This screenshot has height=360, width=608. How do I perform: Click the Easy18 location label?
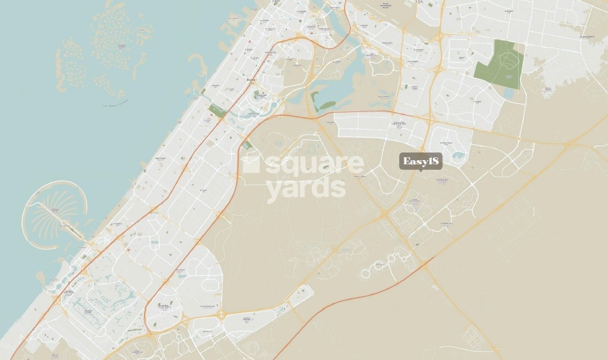[x=421, y=162]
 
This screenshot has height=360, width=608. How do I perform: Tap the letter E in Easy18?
[x=406, y=162]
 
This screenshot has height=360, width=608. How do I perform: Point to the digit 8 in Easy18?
[x=435, y=162]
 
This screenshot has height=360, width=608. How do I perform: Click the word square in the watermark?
[x=314, y=166]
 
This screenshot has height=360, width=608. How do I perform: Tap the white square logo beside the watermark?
[x=250, y=164]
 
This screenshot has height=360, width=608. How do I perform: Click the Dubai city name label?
[x=252, y=80]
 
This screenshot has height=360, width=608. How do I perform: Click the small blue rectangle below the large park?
[x=509, y=92]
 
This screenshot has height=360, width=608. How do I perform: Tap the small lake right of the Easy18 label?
[x=458, y=157]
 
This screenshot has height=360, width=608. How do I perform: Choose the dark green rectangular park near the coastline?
[x=217, y=111]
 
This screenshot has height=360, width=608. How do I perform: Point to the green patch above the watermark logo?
[x=247, y=145]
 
